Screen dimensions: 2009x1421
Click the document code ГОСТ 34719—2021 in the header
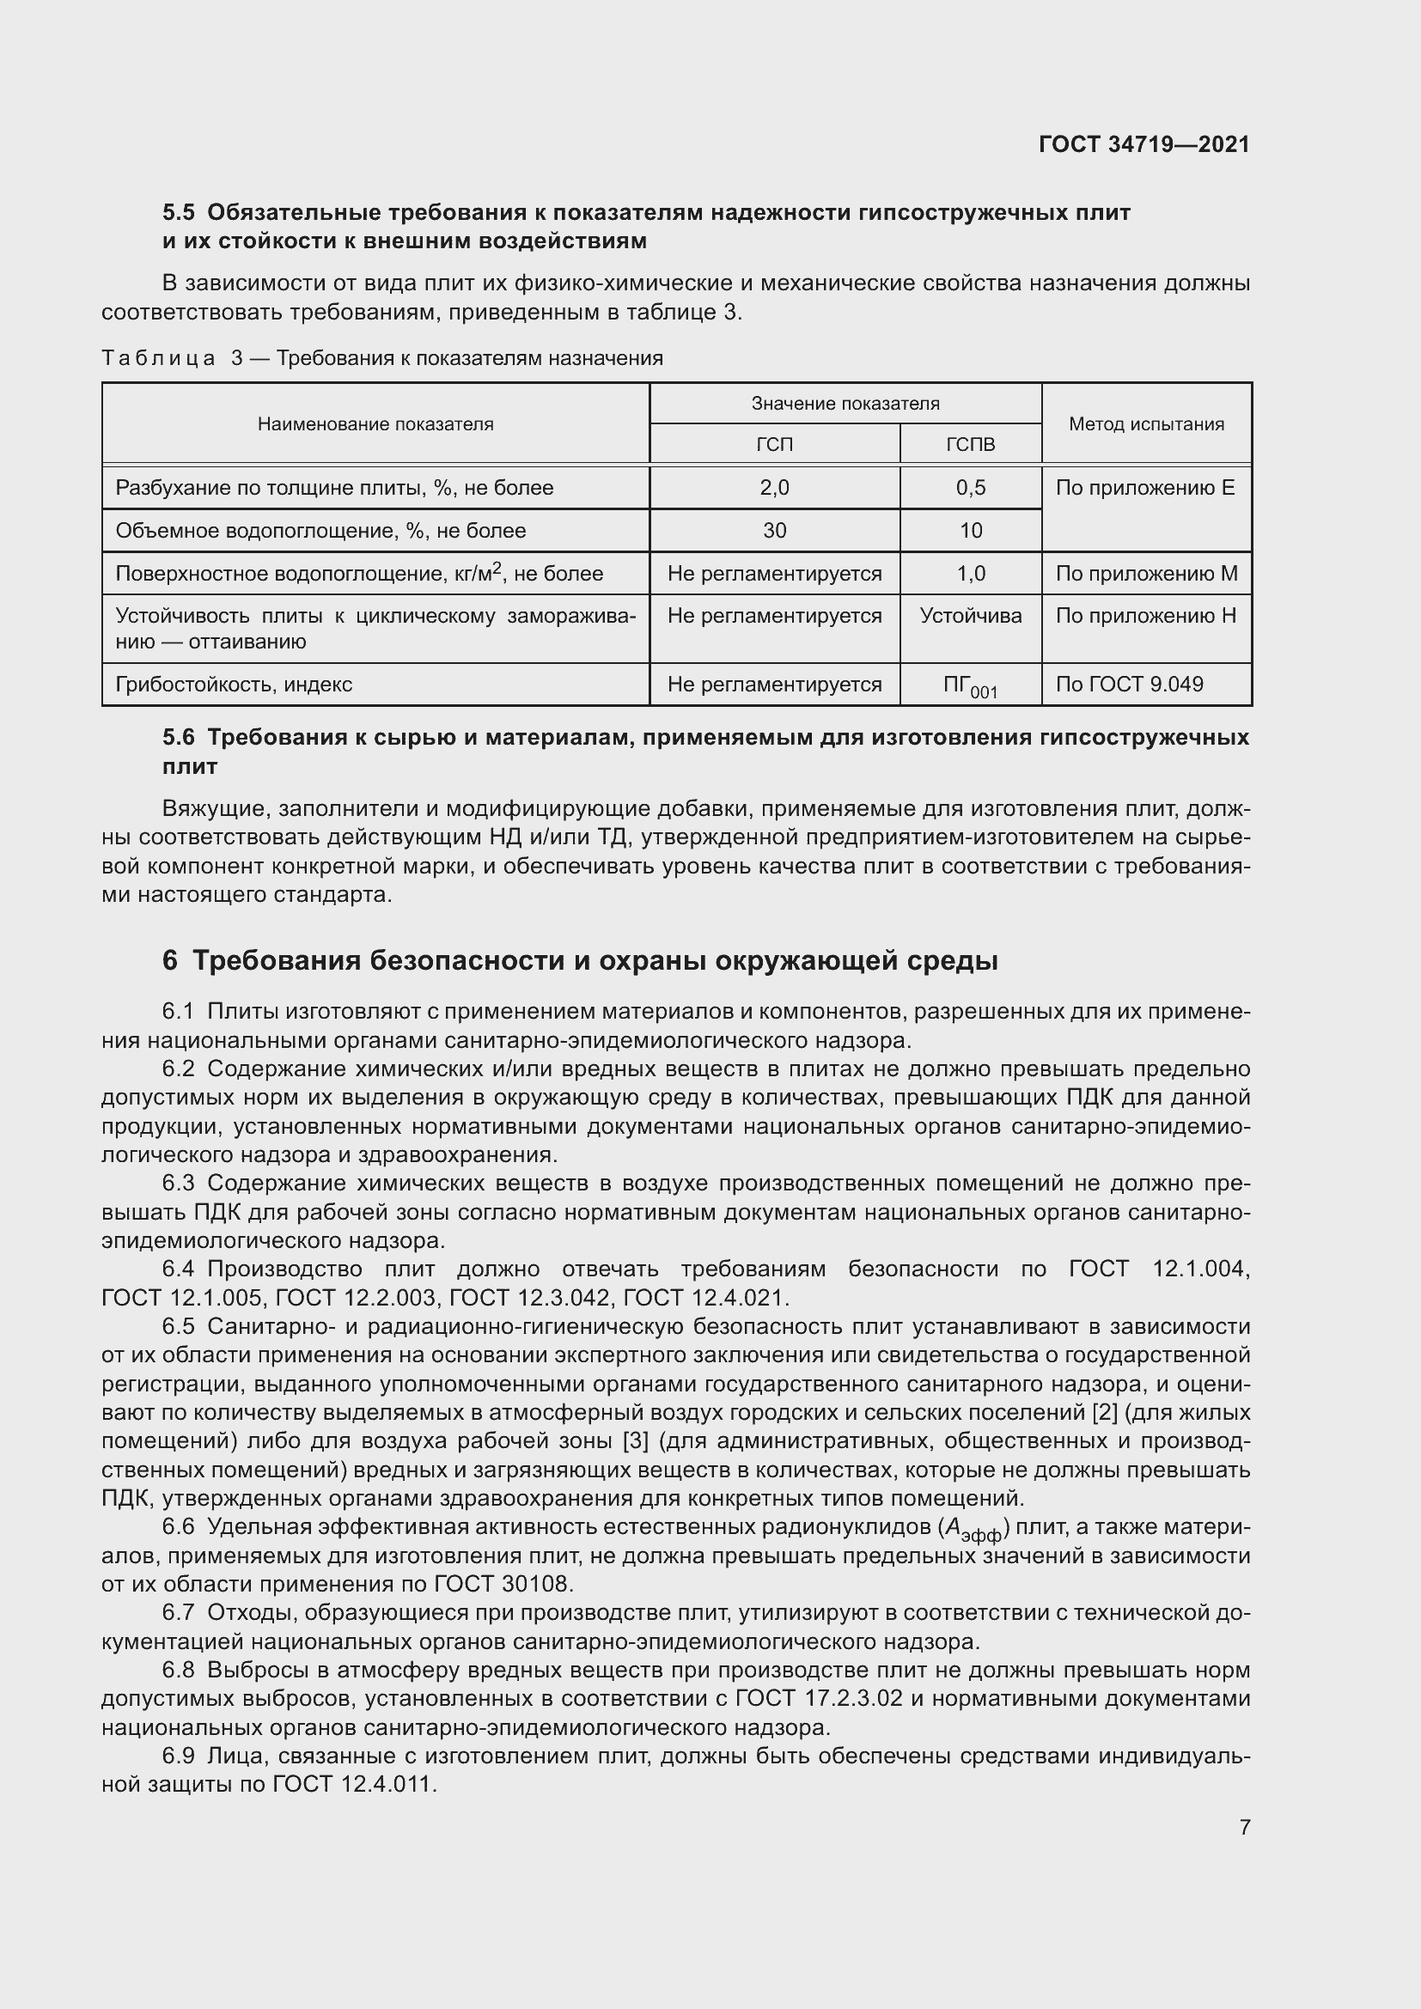click(x=1144, y=144)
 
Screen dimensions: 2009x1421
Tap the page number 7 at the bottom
click(x=1244, y=1827)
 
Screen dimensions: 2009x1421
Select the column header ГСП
click(x=774, y=445)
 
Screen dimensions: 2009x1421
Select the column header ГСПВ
click(x=970, y=445)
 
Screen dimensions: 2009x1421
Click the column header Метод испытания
click(x=1146, y=424)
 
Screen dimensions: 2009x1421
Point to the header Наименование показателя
click(x=375, y=424)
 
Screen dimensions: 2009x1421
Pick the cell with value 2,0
click(x=774, y=488)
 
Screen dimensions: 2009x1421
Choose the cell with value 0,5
click(x=970, y=488)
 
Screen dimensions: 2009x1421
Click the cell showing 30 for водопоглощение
click(x=774, y=531)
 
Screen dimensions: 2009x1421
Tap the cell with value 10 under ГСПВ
click(x=970, y=531)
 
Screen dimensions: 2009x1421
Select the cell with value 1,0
click(x=970, y=574)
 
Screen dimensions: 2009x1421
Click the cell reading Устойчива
click(x=970, y=616)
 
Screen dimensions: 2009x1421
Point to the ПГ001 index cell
click(x=970, y=686)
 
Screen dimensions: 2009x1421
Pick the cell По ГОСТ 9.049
click(x=1129, y=685)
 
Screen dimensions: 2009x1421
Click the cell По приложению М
click(x=1146, y=574)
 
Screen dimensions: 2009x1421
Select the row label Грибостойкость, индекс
click(x=234, y=685)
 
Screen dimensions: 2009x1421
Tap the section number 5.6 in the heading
click(x=179, y=738)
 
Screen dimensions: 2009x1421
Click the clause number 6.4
click(x=179, y=1269)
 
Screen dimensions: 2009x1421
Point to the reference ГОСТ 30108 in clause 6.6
click(x=504, y=1585)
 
